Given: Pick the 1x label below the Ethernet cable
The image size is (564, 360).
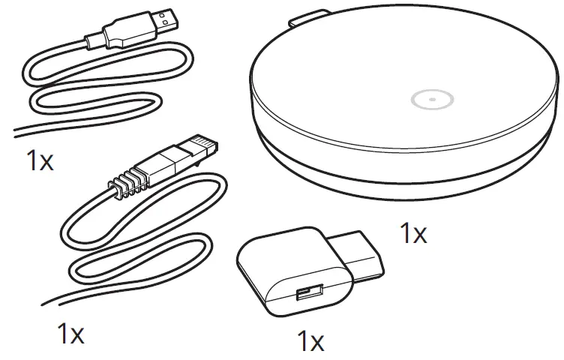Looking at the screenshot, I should [x=71, y=333].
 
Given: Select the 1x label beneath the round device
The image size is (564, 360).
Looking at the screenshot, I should [x=412, y=234].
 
